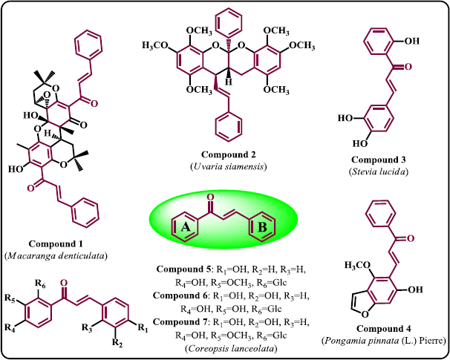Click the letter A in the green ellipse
(186, 227)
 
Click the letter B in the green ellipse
(262, 227)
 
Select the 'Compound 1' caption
(56, 243)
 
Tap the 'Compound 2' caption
(228, 154)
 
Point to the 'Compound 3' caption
(378, 160)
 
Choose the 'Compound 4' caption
(383, 328)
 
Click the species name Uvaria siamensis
(228, 167)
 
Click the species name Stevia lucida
(378, 171)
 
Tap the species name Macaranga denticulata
(56, 256)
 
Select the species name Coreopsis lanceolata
(232, 349)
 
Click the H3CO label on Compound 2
(154, 46)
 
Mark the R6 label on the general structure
(40, 284)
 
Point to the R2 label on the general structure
(117, 343)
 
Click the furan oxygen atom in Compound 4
(365, 315)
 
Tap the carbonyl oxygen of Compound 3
(408, 67)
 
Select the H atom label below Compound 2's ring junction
(229, 82)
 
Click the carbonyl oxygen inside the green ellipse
(210, 197)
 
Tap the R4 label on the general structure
(10, 327)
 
